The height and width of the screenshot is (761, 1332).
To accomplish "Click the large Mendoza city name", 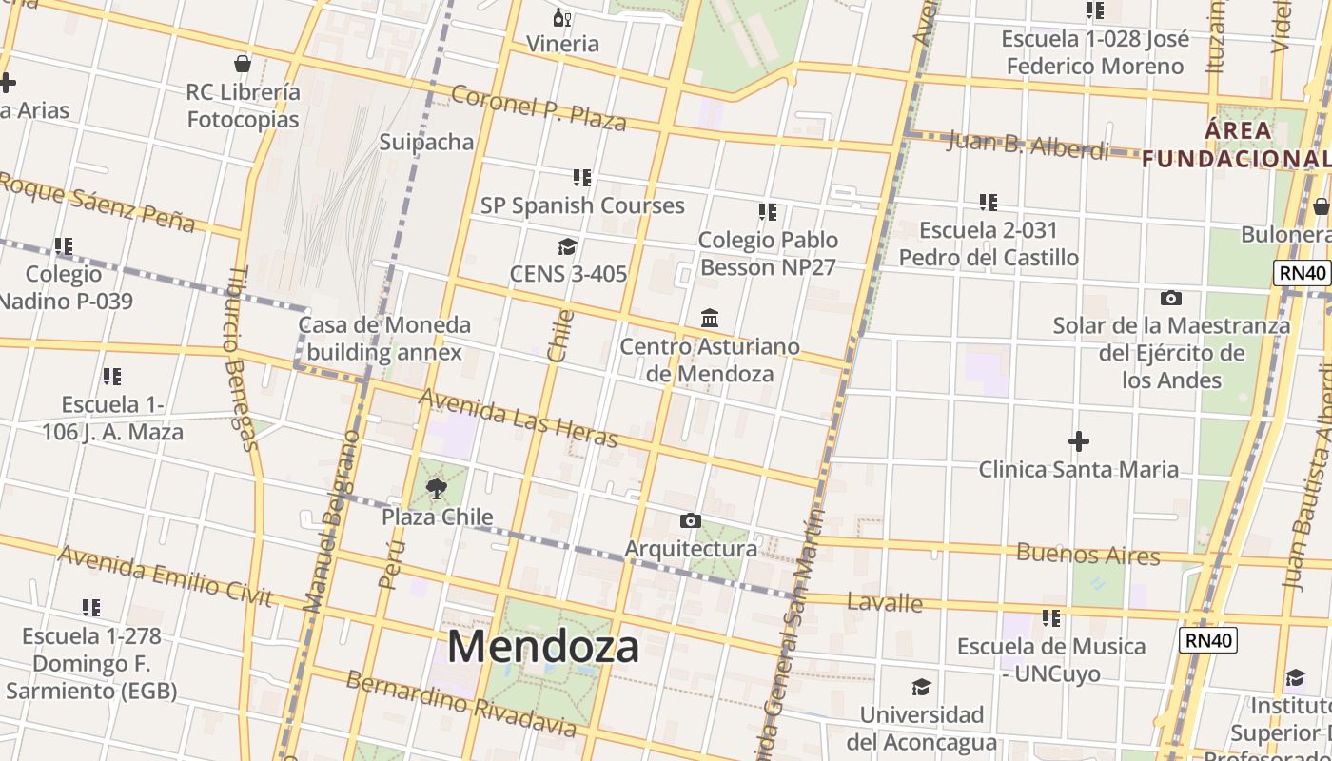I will (543, 647).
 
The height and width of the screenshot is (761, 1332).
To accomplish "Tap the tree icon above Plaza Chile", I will (437, 489).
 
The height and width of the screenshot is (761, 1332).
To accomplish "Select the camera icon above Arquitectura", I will (691, 520).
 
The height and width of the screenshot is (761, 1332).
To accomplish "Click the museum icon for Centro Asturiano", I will (710, 318).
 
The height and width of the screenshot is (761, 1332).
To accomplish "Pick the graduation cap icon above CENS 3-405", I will (568, 246).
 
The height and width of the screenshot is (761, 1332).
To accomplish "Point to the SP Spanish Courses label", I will (581, 205).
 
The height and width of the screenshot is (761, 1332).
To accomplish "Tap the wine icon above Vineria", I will (562, 17).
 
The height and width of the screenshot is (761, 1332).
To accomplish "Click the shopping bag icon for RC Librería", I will (243, 64).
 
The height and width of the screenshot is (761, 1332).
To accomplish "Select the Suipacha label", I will (426, 142).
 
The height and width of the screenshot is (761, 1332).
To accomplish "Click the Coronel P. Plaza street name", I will (539, 107).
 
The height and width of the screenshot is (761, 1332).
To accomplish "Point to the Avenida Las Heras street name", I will (519, 418).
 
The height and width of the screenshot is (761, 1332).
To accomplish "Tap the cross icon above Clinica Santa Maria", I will (1078, 441).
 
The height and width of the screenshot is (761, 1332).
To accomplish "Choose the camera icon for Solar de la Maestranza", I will (1171, 298).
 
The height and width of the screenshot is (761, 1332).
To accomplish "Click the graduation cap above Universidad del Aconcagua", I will (921, 687).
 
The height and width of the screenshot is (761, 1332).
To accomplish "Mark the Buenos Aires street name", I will (1088, 554).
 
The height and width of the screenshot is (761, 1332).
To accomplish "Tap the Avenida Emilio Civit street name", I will (166, 576).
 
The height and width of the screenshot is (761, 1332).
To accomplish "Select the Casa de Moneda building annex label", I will (384, 339).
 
